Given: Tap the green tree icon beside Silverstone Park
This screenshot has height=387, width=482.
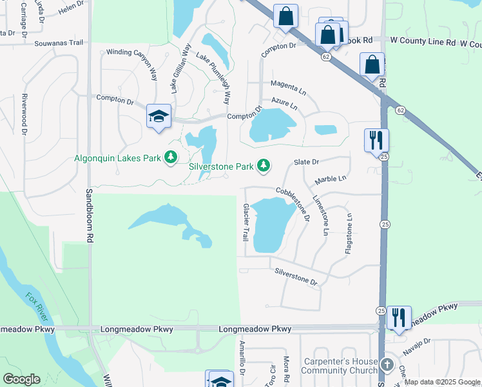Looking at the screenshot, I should [x=263, y=166].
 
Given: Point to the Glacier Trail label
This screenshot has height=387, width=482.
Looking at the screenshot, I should [x=246, y=223].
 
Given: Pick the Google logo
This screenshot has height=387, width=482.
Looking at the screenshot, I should [x=21, y=379].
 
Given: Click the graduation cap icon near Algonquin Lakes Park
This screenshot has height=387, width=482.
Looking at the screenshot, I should [x=159, y=116].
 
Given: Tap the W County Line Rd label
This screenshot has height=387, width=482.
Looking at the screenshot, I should [x=423, y=41].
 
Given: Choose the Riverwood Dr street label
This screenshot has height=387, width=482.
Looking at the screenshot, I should [x=24, y=114].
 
